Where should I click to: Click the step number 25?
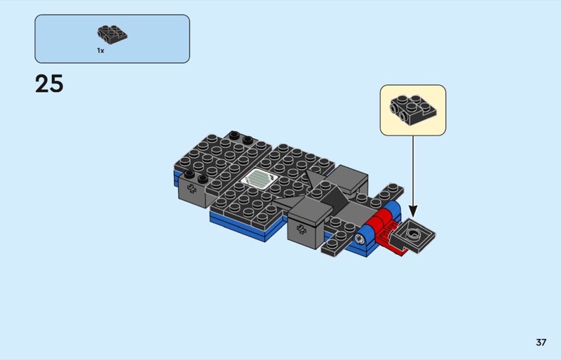coord(49,84)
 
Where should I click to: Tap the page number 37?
coord(541,342)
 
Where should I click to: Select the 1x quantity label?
coord(100,51)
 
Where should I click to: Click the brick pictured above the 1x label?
coord(112,34)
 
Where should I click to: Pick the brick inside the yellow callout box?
coord(413,110)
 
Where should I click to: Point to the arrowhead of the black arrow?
coord(413,211)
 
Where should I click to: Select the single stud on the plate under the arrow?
coord(414,234)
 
